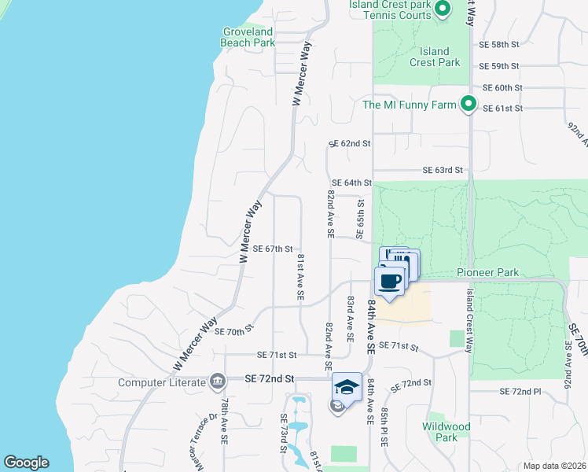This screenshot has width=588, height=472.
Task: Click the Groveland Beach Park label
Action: click(248, 37)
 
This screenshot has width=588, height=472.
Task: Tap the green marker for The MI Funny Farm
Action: click(469, 104)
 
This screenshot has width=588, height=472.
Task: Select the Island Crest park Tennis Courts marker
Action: click(442, 9)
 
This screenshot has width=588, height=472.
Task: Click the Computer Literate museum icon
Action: click(218, 382)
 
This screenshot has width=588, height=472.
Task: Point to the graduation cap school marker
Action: click(347, 387)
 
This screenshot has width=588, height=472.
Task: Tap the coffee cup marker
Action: click(390, 282)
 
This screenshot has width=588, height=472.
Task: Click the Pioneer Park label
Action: click(488, 272)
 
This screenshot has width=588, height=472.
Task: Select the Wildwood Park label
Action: click(446, 432)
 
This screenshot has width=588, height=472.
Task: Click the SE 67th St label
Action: click(273, 249)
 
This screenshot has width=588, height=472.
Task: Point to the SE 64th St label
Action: click(351, 183)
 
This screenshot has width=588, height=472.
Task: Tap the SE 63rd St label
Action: click(443, 170)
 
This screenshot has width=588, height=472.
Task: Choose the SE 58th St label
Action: click(500, 45)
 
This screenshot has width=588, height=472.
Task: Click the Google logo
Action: click(26, 463)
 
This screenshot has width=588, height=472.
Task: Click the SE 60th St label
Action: click(502, 87)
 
